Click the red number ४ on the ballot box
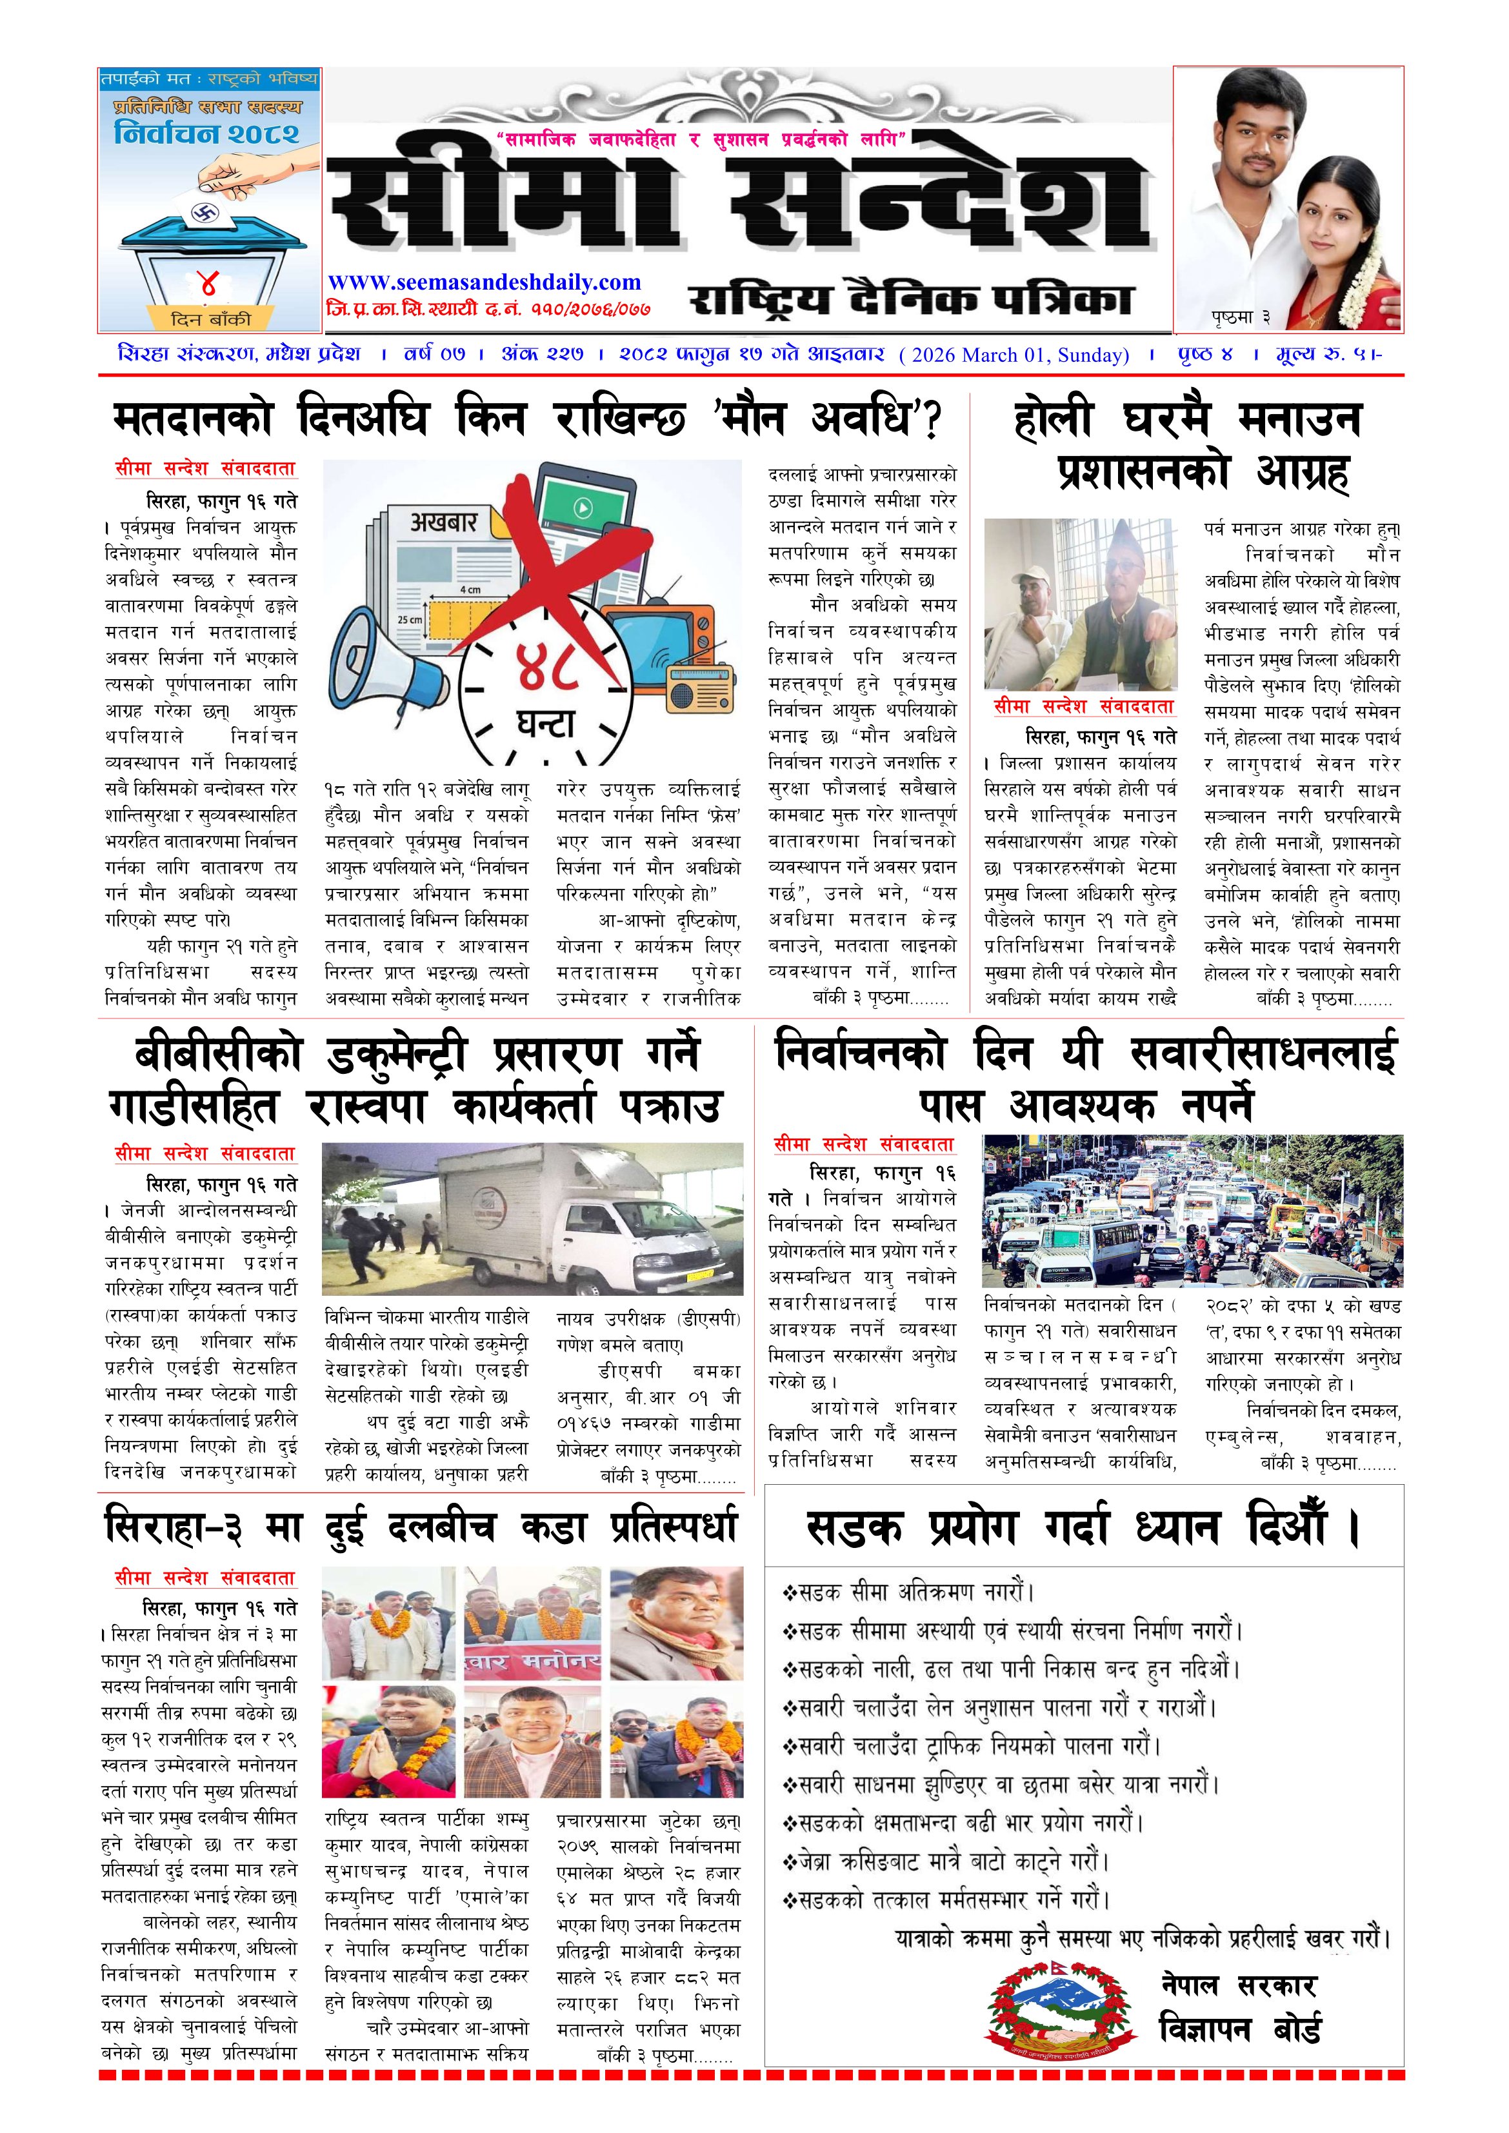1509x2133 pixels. tap(208, 283)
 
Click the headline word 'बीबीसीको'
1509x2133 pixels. tap(219, 1055)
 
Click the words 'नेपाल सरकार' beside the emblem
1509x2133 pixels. tap(1239, 1986)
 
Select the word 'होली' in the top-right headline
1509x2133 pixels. tap(1053, 420)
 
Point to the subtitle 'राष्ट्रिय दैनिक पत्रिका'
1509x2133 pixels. tap(910, 299)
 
